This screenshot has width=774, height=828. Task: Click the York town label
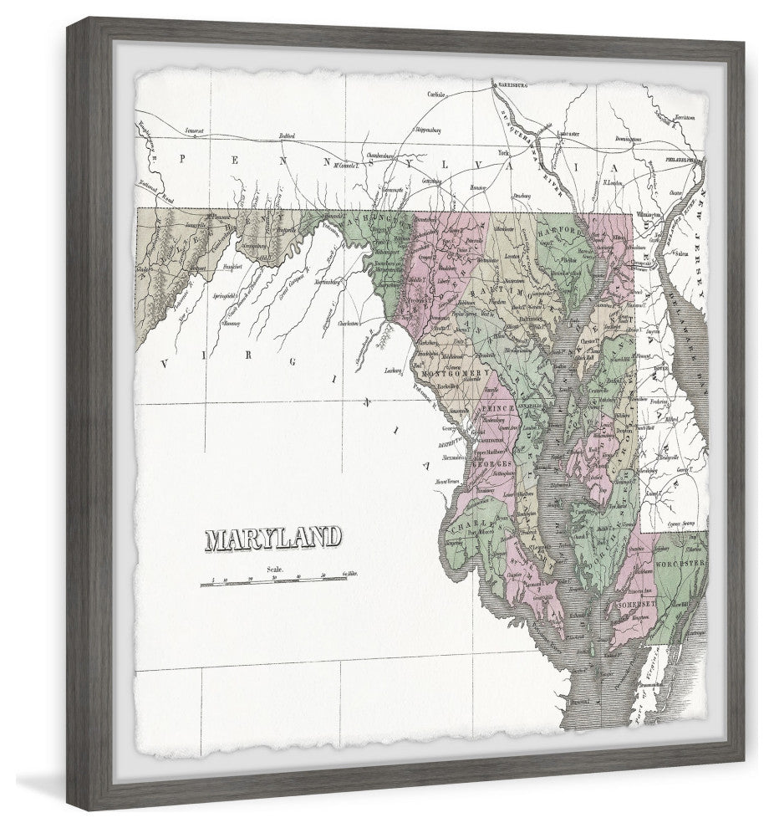tap(504, 155)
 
